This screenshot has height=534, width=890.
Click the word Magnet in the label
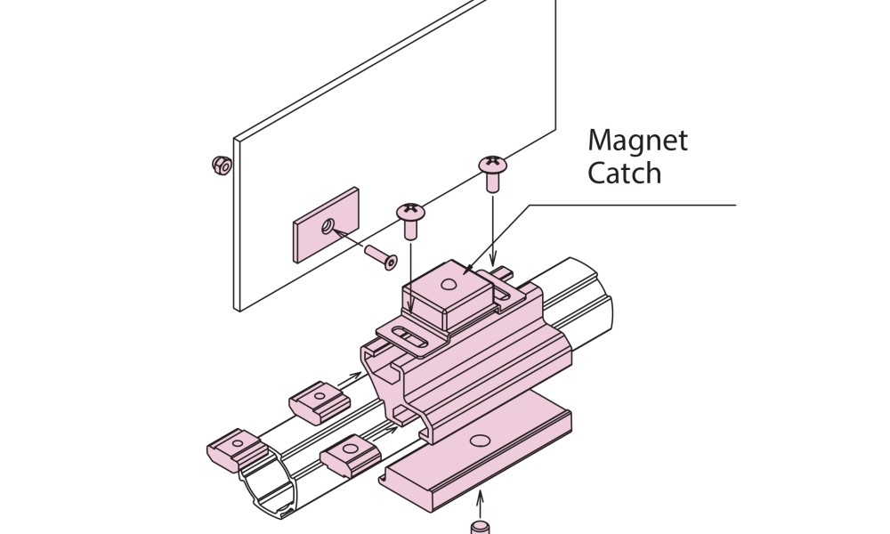pyautogui.click(x=637, y=142)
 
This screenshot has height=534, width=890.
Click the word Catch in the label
pyautogui.click(x=624, y=173)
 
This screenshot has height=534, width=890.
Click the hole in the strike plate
pyautogui.click(x=329, y=227)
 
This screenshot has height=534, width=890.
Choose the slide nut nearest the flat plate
pyautogui.click(x=350, y=456)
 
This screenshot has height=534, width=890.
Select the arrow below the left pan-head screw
pyautogui.click(x=411, y=285)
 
